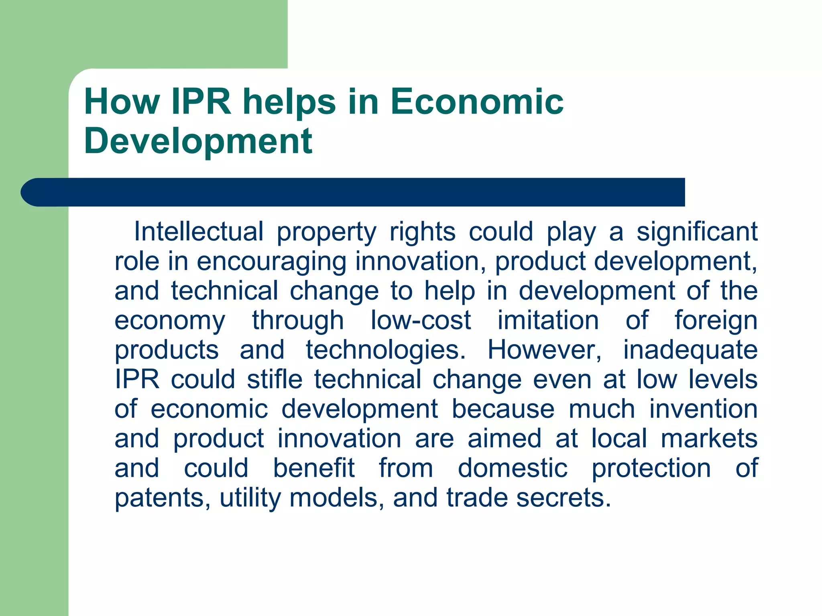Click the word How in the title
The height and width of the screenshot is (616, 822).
click(122, 102)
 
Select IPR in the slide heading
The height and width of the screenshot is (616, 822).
click(201, 102)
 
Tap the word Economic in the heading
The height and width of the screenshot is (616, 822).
click(477, 102)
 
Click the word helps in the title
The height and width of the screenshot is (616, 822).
click(289, 103)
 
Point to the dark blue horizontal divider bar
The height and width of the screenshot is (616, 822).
click(353, 192)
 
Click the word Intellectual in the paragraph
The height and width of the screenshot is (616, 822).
click(199, 231)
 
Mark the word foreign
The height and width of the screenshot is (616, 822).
click(716, 321)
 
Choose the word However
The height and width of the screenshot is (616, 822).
click(544, 350)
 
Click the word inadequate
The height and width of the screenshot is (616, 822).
click(690, 351)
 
